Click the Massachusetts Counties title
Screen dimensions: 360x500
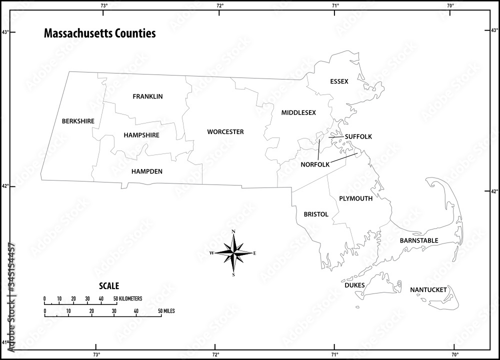(x=99, y=33)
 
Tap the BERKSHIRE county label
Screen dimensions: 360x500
(x=78, y=121)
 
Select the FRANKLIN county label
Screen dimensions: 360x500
(x=147, y=96)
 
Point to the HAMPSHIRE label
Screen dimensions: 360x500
(x=141, y=135)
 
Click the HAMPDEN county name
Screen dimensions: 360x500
(x=146, y=171)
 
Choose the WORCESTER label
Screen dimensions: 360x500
(x=225, y=132)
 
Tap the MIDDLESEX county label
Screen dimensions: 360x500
(x=298, y=112)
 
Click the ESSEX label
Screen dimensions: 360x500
(x=339, y=81)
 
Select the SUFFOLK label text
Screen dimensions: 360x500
(x=358, y=136)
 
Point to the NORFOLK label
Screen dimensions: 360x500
(x=315, y=164)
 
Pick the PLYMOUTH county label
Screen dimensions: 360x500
(x=355, y=198)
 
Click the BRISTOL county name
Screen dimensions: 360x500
(x=316, y=214)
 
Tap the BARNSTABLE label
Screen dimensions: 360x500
(x=418, y=240)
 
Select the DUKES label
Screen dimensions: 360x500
(x=354, y=285)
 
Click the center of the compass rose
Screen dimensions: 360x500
(x=233, y=253)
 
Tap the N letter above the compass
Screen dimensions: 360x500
(x=233, y=231)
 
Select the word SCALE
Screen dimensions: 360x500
(x=109, y=286)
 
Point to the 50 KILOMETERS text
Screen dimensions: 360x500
(x=128, y=298)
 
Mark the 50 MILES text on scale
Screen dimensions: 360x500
(x=166, y=311)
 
